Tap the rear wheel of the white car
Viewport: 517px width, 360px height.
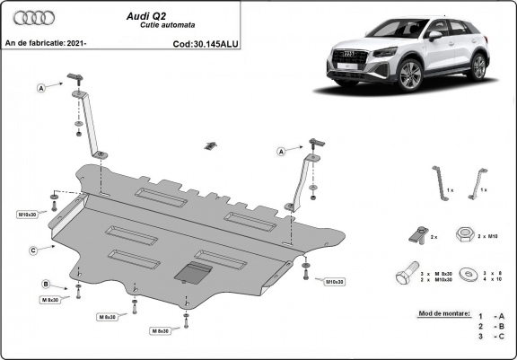coord(479,66)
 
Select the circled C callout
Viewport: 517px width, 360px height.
coord(32,250)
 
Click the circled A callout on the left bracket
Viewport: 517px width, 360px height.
coord(40,87)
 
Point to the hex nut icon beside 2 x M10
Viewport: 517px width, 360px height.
coord(466,234)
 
